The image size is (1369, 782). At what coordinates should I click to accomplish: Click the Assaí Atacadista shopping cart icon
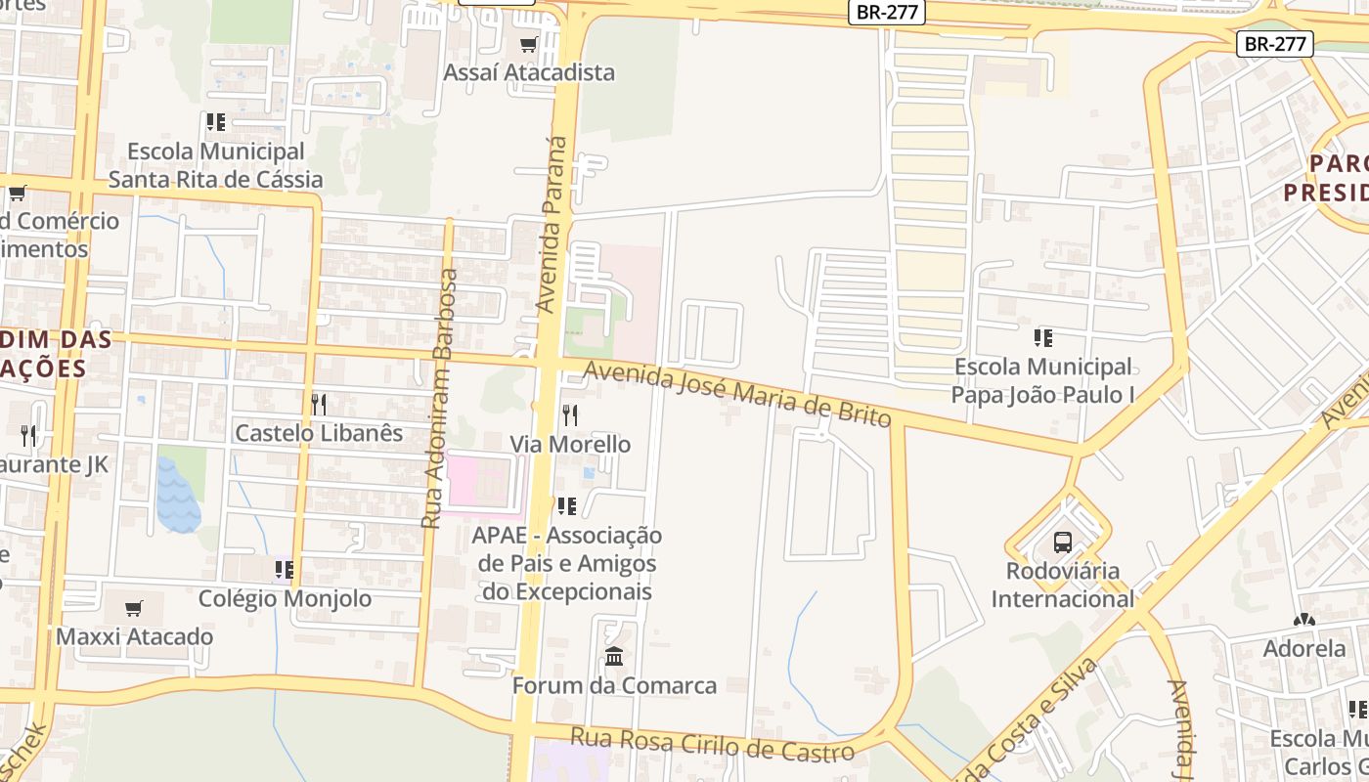(529, 44)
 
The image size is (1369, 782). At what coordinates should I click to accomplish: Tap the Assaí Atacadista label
(529, 72)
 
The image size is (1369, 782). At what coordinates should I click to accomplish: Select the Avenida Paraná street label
(552, 225)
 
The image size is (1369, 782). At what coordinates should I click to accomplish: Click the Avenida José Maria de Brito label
(738, 393)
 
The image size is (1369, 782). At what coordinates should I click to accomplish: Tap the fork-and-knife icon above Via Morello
(570, 415)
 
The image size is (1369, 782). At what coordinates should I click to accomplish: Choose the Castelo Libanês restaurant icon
(319, 404)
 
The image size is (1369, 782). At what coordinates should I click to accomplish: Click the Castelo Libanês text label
(319, 432)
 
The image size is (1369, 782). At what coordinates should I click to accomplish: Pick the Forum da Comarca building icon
(614, 657)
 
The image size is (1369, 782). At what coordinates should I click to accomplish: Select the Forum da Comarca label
(614, 685)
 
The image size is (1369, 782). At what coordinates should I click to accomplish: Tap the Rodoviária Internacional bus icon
(1063, 542)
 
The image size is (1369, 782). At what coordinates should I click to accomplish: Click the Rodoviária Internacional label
(1063, 584)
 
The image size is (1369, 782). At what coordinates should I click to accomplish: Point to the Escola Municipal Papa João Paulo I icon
(1043, 338)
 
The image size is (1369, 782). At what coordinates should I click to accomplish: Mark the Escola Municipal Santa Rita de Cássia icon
(216, 122)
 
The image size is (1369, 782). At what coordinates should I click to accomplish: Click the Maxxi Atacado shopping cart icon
(134, 609)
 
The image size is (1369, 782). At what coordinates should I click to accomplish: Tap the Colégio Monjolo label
(285, 598)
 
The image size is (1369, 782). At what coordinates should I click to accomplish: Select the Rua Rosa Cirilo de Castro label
(713, 743)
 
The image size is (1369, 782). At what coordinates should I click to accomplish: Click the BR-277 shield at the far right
(1274, 44)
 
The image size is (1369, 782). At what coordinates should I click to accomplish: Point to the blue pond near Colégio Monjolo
(177, 497)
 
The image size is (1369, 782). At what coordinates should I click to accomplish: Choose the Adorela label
(1304, 648)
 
